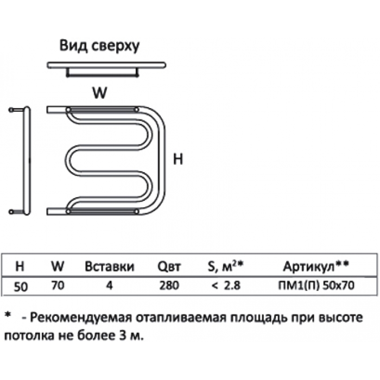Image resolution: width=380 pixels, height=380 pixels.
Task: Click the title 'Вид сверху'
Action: tap(99, 46)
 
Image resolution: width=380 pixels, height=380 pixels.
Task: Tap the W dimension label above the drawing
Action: tap(99, 93)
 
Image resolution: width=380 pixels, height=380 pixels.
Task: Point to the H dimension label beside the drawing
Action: tap(178, 160)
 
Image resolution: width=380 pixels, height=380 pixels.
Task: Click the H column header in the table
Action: tap(20, 267)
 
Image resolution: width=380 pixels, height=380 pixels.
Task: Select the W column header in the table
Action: tap(58, 267)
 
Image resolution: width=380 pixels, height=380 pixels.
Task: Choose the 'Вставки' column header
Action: tap(109, 267)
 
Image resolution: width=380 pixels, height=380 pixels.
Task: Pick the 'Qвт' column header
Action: tap(169, 267)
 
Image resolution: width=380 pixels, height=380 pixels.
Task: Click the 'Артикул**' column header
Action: tap(316, 267)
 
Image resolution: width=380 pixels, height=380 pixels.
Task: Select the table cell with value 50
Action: tap(21, 287)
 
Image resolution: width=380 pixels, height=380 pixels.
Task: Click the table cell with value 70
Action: tap(58, 285)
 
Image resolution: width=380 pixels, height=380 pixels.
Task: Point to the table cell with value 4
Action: tap(110, 285)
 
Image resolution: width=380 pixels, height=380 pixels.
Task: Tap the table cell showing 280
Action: tap(169, 285)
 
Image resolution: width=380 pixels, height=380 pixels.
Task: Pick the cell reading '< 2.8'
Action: tap(226, 285)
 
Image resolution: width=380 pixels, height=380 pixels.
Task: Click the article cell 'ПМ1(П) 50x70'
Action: tap(316, 285)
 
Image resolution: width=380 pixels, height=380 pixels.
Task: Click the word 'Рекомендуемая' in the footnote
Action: tap(81, 318)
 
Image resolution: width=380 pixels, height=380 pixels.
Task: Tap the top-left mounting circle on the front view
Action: tap(68, 110)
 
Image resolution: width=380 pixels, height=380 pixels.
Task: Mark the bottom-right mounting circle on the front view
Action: tap(136, 212)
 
